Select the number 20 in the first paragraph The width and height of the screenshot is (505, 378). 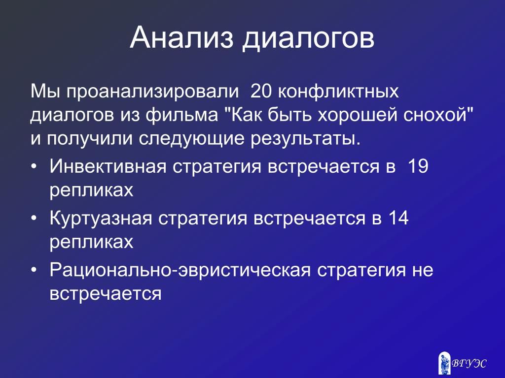(260, 91)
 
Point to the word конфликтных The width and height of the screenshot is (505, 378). (338, 92)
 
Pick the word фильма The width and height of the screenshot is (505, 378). (181, 116)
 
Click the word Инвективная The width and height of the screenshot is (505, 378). (108, 166)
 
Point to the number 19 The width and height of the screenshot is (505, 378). (418, 166)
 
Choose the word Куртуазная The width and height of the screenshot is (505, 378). (101, 219)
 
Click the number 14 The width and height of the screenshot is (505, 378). (398, 218)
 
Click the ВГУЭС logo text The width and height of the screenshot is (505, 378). (469, 364)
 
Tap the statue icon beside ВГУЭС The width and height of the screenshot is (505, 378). (444, 363)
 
